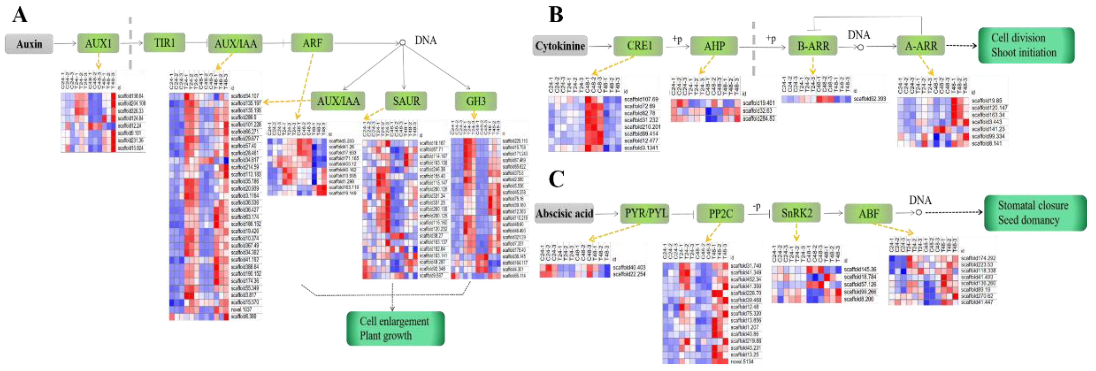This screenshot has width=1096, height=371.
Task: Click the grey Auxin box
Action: [29, 44]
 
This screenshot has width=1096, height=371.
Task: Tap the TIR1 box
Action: [164, 43]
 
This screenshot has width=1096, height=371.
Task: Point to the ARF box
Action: [312, 43]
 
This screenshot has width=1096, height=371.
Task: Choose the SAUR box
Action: [406, 101]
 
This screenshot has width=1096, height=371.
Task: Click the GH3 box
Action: [475, 101]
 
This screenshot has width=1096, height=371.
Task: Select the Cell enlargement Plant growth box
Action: [395, 328]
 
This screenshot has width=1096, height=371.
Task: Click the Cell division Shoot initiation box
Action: [1026, 45]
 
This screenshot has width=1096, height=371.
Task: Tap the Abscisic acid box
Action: [564, 213]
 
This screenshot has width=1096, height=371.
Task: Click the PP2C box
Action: [720, 213]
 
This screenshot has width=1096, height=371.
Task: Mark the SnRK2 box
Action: [796, 213]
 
